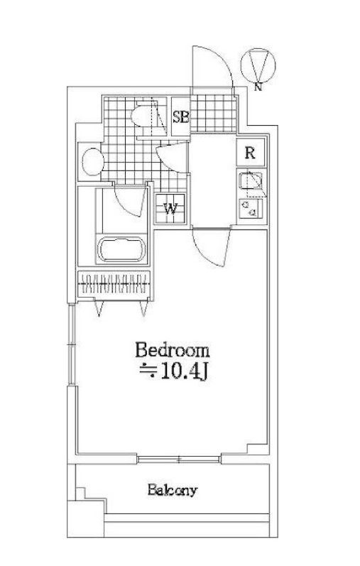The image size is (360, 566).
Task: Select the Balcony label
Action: coord(172,490)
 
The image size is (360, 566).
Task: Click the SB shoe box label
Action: coord(180,117)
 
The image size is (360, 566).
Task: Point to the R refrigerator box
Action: coord(250,152)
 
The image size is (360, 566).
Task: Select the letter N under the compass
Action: coord(257,87)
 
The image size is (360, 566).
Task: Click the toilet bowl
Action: coord(143,116)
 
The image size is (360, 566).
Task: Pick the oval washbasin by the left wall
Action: coord(90,161)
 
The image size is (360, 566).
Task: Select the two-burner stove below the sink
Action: coord(250,207)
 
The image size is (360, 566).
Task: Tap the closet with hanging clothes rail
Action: coord(114,285)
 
